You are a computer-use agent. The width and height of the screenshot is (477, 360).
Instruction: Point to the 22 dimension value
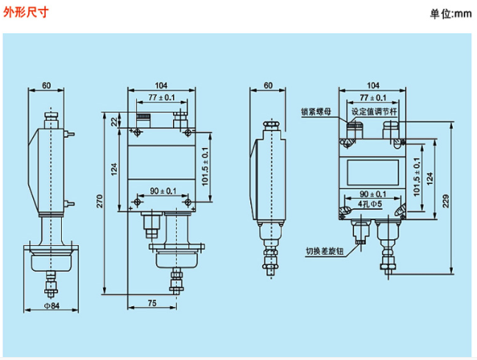coord(113,122)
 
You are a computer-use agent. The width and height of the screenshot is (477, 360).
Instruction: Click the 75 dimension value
coord(151,303)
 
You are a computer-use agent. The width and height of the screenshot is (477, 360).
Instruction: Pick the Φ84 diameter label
coord(52,306)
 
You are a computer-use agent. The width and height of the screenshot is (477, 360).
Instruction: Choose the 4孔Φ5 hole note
coord(370,202)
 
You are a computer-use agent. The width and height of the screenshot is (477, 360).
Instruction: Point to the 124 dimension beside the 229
coord(430,178)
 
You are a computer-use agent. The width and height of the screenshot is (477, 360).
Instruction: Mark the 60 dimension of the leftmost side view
coord(46,85)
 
